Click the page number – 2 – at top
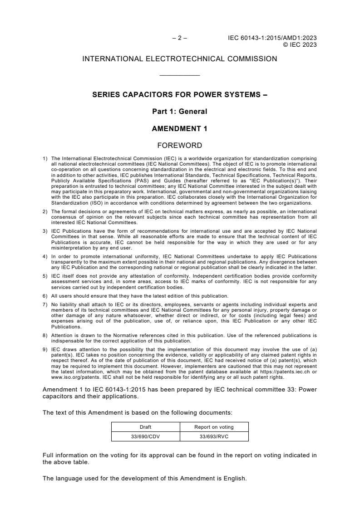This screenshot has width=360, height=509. click(180, 39)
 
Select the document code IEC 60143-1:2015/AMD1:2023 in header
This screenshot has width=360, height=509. click(272, 39)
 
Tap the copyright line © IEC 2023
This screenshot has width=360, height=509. click(300, 45)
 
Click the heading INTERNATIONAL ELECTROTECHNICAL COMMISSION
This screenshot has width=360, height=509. click(180, 59)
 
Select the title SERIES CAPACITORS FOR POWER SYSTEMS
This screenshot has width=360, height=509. click(180, 96)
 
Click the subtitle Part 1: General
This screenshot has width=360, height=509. click(180, 112)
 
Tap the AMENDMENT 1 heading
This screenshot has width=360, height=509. click(180, 129)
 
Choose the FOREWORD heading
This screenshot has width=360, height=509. click(180, 146)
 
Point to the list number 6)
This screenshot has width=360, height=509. click(45, 296)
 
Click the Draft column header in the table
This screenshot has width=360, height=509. click(146, 427)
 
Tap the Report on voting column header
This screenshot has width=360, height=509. click(214, 427)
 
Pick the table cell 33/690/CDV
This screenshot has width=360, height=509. click(146, 436)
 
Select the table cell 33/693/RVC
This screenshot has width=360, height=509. click(214, 436)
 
